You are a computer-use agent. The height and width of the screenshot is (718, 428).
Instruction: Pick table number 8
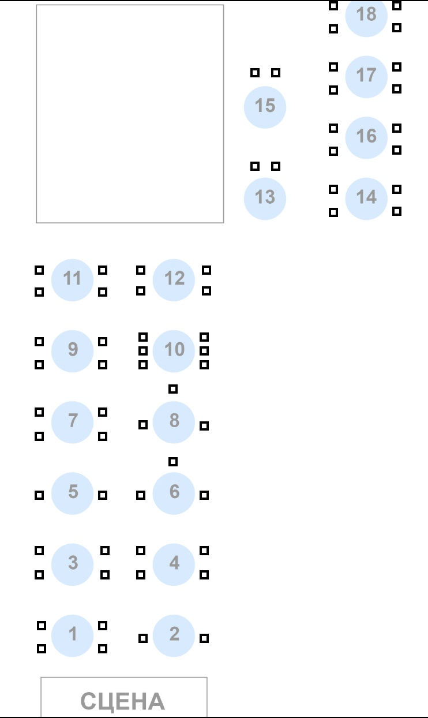(x=174, y=422)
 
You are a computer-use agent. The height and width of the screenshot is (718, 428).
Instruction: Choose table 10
(x=174, y=350)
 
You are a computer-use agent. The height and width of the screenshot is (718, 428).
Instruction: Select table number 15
(x=265, y=107)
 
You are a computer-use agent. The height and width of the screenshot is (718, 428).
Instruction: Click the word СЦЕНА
(x=123, y=701)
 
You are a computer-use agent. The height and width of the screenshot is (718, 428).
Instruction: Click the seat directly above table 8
(x=173, y=389)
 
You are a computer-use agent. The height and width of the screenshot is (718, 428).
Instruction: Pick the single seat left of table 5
(x=39, y=495)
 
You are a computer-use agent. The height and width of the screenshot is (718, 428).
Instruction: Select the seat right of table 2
(x=204, y=638)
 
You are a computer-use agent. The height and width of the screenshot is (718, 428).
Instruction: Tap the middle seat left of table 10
(x=143, y=351)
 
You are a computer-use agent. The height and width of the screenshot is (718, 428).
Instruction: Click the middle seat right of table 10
(x=204, y=351)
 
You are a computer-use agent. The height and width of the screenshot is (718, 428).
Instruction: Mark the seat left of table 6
(x=141, y=495)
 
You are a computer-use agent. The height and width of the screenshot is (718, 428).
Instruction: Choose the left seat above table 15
(x=255, y=73)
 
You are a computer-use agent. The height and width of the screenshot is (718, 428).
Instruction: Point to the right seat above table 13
(x=276, y=166)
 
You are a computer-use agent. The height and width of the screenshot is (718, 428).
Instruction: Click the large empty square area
(x=130, y=114)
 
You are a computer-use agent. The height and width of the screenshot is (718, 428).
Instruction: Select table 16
(x=366, y=137)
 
